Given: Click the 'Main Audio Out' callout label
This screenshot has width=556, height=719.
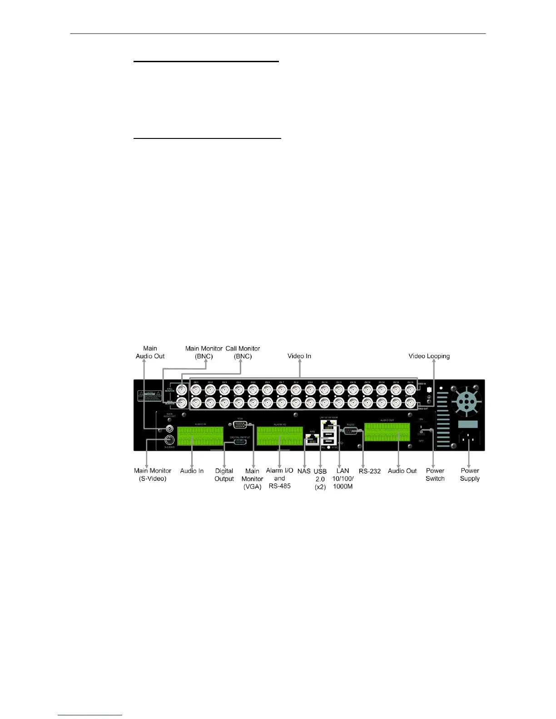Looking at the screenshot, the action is [x=150, y=352].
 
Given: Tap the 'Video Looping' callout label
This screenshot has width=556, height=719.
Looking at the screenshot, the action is [x=429, y=356].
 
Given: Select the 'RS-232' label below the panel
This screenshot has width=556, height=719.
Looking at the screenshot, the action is [x=369, y=471].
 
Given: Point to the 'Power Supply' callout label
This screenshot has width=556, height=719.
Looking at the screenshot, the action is [x=470, y=474].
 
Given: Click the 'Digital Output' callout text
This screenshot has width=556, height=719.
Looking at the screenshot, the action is [x=224, y=475].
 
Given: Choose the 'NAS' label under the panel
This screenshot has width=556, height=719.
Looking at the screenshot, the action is [x=304, y=471].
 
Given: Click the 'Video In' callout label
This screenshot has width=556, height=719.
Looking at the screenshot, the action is [x=299, y=356].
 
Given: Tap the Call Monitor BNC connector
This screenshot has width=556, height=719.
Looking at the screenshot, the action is [x=182, y=390].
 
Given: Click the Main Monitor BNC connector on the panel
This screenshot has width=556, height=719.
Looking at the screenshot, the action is [x=182, y=403].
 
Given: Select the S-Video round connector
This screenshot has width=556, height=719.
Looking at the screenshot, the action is [x=169, y=440].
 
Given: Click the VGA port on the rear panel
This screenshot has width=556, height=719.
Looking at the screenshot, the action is [x=240, y=425].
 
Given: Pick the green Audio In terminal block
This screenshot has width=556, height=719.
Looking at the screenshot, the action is [x=200, y=436].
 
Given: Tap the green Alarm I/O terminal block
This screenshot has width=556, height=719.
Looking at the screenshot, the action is [x=279, y=436].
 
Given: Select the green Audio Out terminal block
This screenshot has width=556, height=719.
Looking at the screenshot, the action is [x=387, y=432].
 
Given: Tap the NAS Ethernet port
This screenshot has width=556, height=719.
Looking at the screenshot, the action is [x=312, y=439].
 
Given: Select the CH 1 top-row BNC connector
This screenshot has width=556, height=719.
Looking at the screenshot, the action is [x=196, y=390].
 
